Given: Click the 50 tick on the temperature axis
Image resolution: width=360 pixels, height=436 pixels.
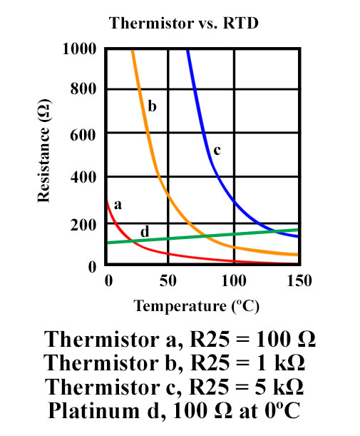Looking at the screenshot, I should point(168,281).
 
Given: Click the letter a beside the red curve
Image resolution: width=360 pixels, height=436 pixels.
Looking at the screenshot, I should point(118,204).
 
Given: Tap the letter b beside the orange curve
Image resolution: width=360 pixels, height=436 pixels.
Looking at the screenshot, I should point(152,107).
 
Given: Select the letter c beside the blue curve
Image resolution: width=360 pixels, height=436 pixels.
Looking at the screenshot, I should point(217,150).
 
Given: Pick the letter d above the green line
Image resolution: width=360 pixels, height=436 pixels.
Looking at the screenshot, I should point(144,231).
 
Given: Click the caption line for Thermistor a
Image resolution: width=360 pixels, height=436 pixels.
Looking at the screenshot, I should point(180,338).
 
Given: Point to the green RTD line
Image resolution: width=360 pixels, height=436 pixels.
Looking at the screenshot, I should point(214,236).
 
